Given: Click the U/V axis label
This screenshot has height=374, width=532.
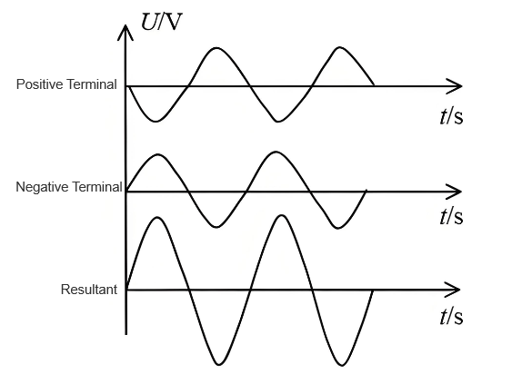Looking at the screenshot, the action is click(162, 22).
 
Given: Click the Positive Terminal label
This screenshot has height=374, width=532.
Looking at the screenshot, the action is click(66, 84).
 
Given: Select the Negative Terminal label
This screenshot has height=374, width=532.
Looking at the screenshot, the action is click(69, 187).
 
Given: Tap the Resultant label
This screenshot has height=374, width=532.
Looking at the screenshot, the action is click(89, 290).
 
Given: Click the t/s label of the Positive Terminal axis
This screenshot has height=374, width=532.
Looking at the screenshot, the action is click(451, 116).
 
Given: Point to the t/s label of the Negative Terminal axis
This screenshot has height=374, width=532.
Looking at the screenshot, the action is click(451, 216).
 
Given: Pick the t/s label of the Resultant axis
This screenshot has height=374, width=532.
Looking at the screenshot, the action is click(451, 317).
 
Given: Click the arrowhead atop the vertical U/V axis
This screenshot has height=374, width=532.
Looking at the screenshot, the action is click(125, 33).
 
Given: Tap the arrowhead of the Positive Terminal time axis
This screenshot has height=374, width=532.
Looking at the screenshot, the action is click(454, 86).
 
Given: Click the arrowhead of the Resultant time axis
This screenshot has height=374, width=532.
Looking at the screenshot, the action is click(452, 290).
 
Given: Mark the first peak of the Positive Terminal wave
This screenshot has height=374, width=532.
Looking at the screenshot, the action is click(216, 48).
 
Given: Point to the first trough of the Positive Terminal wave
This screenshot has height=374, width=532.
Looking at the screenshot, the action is click(156, 121).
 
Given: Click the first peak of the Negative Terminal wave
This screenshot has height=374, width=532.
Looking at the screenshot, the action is click(158, 154).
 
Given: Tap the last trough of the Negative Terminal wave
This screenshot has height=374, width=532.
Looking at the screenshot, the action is click(337, 228).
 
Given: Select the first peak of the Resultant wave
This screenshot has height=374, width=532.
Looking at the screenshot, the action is click(157, 217).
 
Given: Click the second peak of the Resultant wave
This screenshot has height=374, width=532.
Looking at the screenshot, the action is click(282, 215).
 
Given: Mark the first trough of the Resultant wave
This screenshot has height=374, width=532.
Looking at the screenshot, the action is click(218, 365).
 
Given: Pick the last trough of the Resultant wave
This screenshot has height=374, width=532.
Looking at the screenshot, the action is click(341, 365).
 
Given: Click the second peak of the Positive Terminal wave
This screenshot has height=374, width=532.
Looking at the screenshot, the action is click(339, 47).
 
